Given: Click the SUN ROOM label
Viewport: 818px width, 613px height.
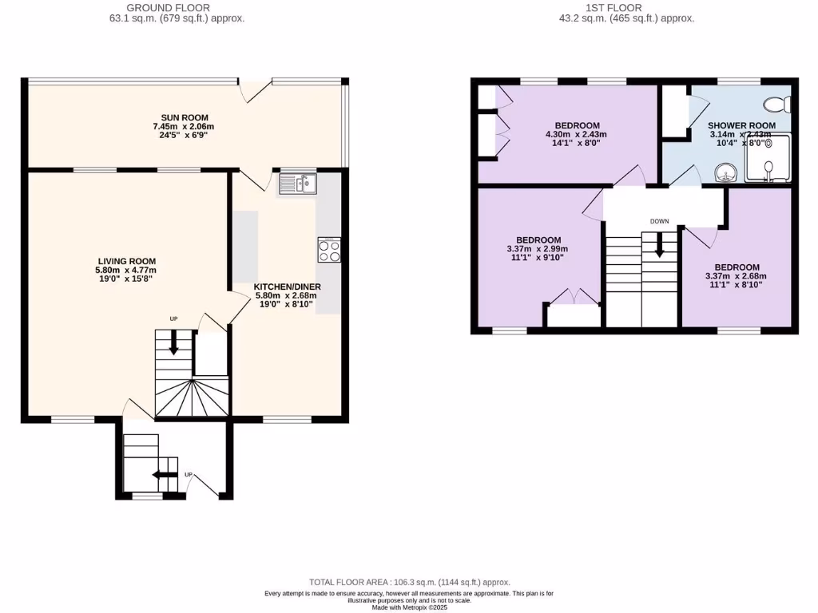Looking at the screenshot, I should pyautogui.click(x=184, y=117).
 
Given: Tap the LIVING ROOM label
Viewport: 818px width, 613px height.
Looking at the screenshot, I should pyautogui.click(x=126, y=261).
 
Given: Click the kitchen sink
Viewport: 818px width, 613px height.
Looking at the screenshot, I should pyautogui.click(x=298, y=184).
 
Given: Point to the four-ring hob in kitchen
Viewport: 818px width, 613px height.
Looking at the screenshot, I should pyautogui.click(x=329, y=251).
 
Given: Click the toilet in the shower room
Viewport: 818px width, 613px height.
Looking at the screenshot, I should pyautogui.click(x=776, y=104).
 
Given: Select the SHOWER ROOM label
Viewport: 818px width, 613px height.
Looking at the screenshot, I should pyautogui.click(x=741, y=125).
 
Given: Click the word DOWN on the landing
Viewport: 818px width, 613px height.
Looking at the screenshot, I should pyautogui.click(x=660, y=221).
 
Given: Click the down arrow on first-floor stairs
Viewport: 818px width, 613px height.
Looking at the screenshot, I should pyautogui.click(x=660, y=245).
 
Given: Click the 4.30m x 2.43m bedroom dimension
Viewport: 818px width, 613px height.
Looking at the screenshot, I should pyautogui.click(x=577, y=134).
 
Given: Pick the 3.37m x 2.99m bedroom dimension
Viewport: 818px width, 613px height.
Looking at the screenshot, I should pyautogui.click(x=537, y=249).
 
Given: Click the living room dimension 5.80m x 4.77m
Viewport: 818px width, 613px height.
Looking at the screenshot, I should pyautogui.click(x=126, y=271).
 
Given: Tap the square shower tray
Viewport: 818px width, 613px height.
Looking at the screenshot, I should pyautogui.click(x=766, y=159).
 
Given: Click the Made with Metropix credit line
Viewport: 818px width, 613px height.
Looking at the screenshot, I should pyautogui.click(x=409, y=607).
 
